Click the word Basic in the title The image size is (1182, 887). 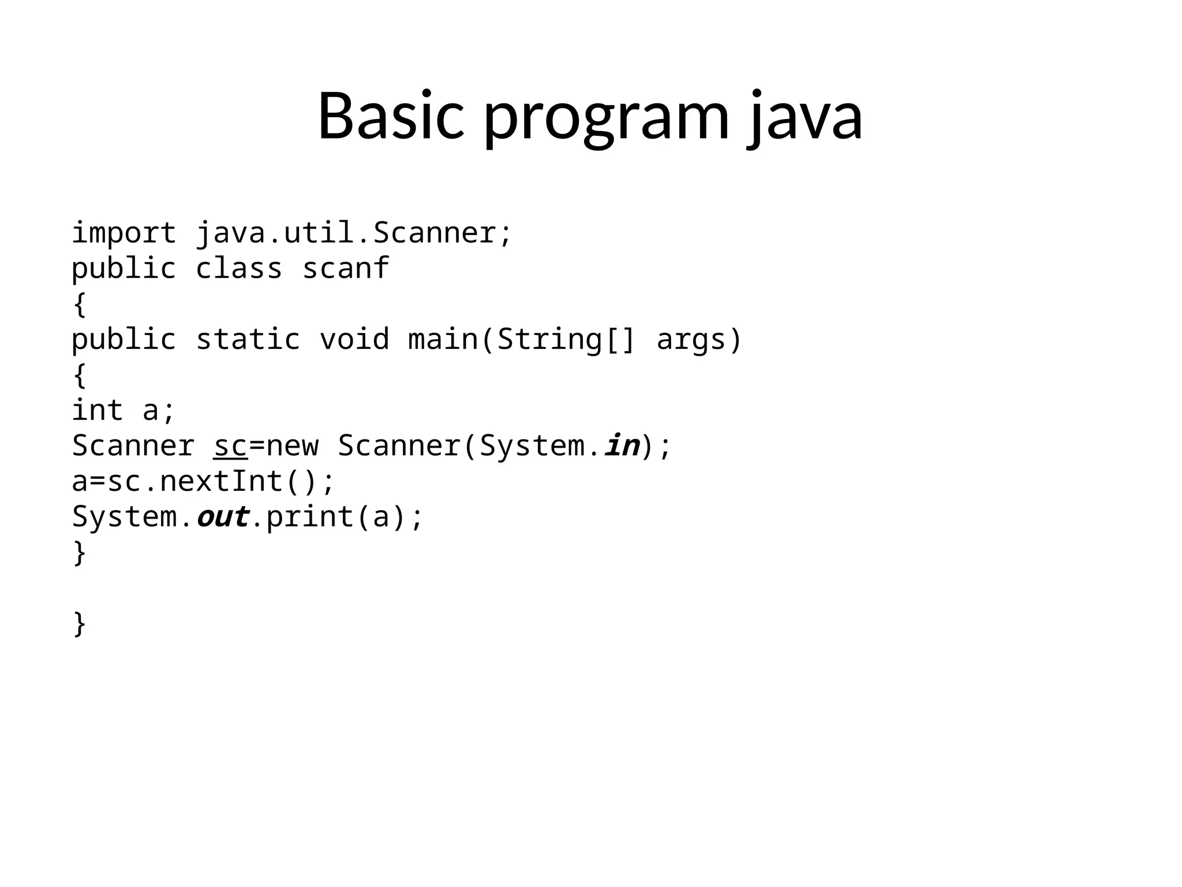(x=391, y=115)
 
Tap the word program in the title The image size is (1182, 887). (x=607, y=118)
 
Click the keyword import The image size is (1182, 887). (x=124, y=233)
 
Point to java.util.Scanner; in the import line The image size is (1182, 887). (x=354, y=233)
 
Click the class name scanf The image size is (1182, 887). (x=345, y=269)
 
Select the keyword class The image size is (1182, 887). (x=239, y=269)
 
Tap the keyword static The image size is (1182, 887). (x=248, y=339)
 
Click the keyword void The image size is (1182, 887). (x=354, y=339)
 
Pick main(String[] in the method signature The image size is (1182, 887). (x=522, y=339)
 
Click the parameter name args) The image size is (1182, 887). (x=699, y=339)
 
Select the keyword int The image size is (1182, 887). (x=97, y=410)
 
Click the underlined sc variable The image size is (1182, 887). (x=230, y=446)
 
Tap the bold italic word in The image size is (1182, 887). (x=622, y=446)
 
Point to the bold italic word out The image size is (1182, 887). (x=223, y=516)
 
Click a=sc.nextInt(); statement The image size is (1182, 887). (x=203, y=481)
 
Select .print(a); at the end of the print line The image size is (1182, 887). (x=338, y=516)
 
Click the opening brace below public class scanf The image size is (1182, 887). (x=80, y=304)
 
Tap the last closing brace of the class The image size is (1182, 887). (x=80, y=624)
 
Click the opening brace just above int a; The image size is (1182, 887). (x=80, y=375)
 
